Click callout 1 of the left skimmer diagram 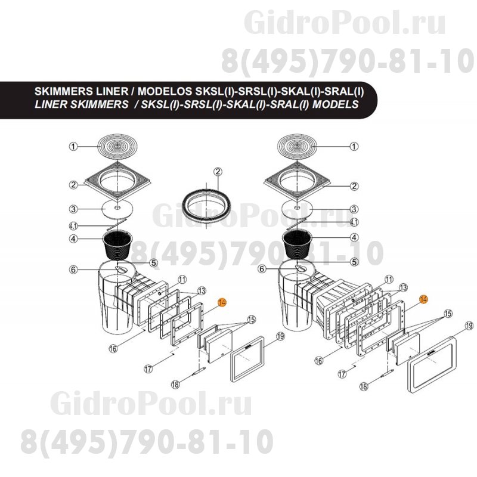click(72, 146)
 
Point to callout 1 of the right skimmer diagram click(354, 145)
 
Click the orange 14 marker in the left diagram click(222, 302)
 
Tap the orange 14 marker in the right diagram click(423, 299)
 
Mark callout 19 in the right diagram click(469, 326)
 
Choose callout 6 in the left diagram click(73, 270)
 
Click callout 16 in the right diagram click(319, 360)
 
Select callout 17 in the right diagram click(342, 374)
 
